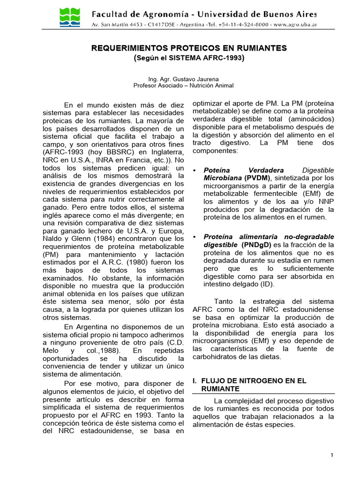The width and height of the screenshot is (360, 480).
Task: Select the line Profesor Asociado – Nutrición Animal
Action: (x=183, y=85)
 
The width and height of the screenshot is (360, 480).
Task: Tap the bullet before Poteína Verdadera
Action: (x=195, y=170)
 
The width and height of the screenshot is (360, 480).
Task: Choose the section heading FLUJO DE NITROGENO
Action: (x=254, y=381)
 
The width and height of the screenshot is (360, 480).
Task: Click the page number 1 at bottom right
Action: (x=331, y=455)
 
